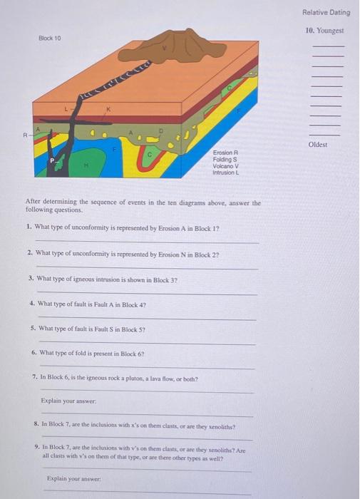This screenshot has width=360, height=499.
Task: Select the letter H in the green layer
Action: (86, 163)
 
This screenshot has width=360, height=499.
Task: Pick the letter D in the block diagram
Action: (162, 131)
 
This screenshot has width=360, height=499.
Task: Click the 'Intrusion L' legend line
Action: (228, 172)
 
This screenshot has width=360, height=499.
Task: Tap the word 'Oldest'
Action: (318, 143)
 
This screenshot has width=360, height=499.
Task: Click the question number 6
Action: (34, 354)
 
